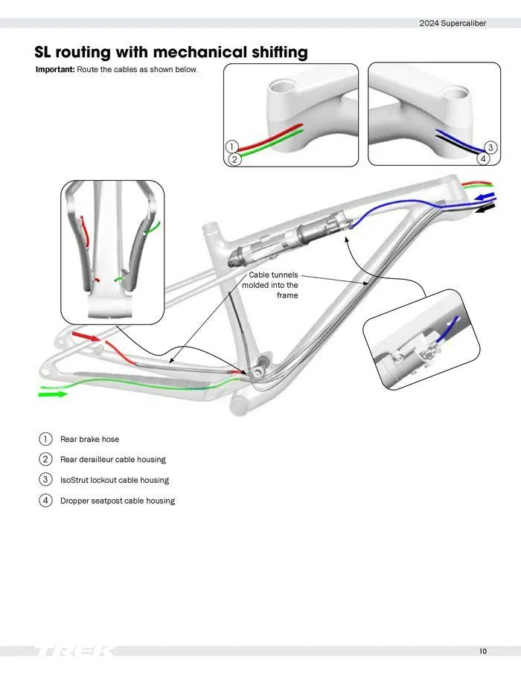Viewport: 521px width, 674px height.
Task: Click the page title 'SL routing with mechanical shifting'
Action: [170, 52]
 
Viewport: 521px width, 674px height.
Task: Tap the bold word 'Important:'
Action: [55, 69]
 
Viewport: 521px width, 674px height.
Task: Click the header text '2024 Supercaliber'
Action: [453, 23]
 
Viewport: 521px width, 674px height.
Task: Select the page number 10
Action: [483, 652]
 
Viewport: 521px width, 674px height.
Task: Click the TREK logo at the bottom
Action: [74, 652]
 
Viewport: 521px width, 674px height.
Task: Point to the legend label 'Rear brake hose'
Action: [89, 439]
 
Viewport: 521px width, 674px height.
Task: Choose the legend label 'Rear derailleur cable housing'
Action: [112, 460]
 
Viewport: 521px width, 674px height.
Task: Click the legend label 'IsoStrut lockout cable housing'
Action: [114, 480]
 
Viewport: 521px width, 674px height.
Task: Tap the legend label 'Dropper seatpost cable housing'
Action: [117, 501]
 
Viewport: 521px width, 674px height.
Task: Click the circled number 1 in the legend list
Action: [45, 439]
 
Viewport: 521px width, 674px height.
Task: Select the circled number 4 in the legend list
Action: [45, 501]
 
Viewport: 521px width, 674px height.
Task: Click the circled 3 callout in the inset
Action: [490, 147]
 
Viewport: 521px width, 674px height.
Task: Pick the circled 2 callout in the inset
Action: [234, 159]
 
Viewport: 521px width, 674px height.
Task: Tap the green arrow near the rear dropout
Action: [53, 394]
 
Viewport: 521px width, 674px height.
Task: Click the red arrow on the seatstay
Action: [86, 339]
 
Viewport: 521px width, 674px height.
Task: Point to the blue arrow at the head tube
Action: [485, 196]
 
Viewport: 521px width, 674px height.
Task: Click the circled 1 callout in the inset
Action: [232, 147]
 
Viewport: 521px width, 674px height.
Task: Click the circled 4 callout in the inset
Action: [483, 158]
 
